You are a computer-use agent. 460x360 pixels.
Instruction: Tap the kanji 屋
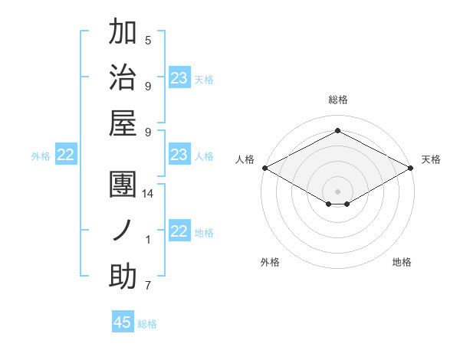[123, 123]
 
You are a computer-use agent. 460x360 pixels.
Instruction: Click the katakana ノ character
[123, 231]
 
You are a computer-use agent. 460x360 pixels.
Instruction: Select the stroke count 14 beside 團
[148, 194]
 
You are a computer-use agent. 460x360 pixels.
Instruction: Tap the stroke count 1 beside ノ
[148, 240]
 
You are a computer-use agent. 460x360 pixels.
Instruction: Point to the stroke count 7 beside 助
[148, 286]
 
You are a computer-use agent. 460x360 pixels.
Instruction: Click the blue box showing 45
[123, 322]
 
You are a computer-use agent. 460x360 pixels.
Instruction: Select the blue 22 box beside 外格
[65, 155]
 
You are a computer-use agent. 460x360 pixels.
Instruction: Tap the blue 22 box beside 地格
[179, 232]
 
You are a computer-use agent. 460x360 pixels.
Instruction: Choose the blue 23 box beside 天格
[179, 78]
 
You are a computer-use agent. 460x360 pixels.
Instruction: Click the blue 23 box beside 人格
[179, 155]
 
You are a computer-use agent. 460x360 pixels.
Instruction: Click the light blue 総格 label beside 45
[147, 324]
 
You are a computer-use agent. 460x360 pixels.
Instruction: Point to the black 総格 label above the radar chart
[337, 100]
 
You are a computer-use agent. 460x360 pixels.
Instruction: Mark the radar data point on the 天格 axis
[411, 168]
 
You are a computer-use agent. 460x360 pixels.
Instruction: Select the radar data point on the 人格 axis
[264, 168]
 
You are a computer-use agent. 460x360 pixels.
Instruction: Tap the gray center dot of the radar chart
[337, 190]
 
